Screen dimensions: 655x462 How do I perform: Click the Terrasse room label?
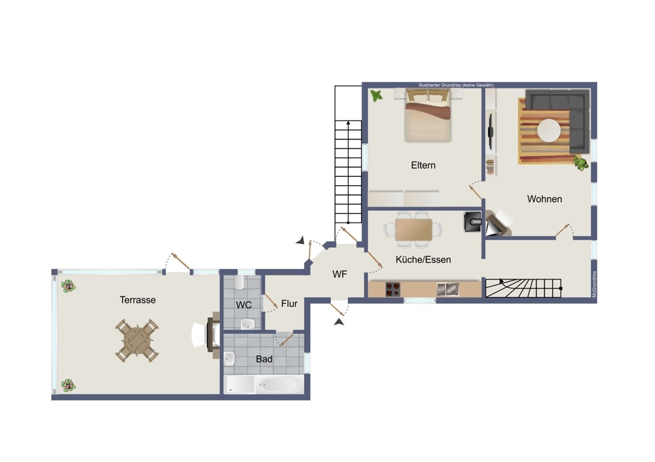[x=138, y=300]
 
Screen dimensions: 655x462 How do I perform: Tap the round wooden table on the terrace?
[x=137, y=340]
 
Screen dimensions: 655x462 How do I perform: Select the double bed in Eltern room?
[x=428, y=116]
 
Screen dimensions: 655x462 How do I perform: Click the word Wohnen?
[x=544, y=199]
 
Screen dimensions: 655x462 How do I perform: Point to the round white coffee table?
[x=549, y=131]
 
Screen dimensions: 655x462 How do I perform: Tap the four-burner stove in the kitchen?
[x=392, y=289]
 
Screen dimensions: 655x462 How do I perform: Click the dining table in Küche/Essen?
[x=413, y=230]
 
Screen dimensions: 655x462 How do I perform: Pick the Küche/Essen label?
[x=423, y=260]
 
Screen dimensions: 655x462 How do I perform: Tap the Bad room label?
[x=264, y=359]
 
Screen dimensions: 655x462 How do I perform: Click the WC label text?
[x=244, y=305]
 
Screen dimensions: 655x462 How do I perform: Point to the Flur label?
[x=289, y=304]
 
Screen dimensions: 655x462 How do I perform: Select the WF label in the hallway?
[x=339, y=274]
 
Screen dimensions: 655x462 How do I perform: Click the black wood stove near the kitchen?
[x=473, y=222]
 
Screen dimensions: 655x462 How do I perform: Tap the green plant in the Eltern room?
[x=377, y=96]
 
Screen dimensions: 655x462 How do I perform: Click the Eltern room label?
[x=423, y=166]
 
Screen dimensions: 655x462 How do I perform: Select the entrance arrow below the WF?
[x=339, y=322]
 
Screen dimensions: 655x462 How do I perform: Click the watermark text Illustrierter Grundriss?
[x=440, y=85]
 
